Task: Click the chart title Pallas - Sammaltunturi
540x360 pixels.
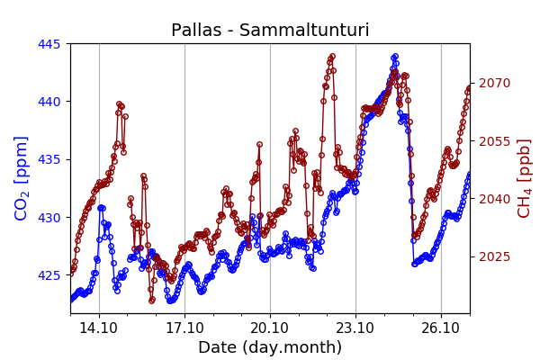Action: (270, 31)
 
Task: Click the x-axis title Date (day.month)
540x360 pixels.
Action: (270, 347)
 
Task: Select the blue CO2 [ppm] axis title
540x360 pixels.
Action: (22, 178)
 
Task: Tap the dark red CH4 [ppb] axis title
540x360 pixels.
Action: (525, 178)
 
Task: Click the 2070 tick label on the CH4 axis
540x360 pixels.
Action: (494, 83)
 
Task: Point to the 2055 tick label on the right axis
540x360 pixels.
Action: (494, 141)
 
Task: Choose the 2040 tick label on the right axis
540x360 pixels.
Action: (494, 199)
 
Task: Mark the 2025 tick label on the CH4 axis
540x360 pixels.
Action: (494, 256)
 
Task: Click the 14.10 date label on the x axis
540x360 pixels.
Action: (98, 328)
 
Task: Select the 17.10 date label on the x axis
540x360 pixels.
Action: (184, 328)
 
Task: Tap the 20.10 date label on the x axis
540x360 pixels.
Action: (270, 328)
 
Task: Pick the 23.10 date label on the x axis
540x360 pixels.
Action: (355, 328)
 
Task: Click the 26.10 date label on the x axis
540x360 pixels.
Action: (441, 328)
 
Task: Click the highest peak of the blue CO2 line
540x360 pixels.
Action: (394, 57)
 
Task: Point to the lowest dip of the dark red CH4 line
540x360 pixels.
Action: (152, 300)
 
